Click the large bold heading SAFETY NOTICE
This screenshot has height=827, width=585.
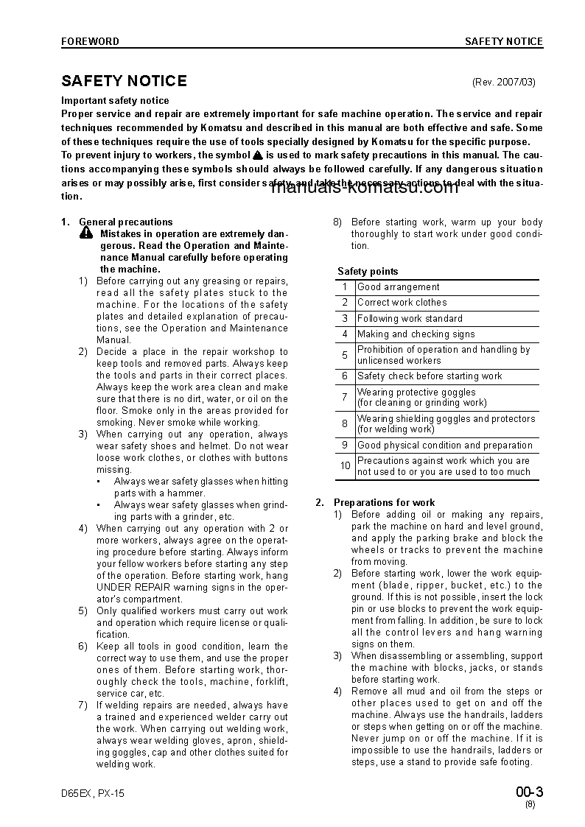tap(124, 81)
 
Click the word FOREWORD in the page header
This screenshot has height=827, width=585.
tap(89, 42)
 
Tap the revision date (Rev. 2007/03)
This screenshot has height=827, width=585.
tap(503, 82)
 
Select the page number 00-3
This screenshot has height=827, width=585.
tap(529, 792)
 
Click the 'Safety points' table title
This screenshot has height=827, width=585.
tap(368, 271)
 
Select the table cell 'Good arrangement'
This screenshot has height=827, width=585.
tap(398, 287)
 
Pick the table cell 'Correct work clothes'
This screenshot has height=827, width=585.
tap(402, 303)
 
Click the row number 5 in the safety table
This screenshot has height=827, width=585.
tap(345, 355)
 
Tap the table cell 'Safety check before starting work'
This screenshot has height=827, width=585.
tap(430, 376)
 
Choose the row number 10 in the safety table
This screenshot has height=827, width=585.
tap(345, 466)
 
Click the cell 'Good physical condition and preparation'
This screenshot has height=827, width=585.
tap(444, 446)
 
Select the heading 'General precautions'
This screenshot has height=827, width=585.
tap(125, 222)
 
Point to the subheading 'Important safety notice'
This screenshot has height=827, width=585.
tap(115, 101)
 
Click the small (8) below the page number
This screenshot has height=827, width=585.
tap(530, 805)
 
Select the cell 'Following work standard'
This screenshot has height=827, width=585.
tap(410, 319)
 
